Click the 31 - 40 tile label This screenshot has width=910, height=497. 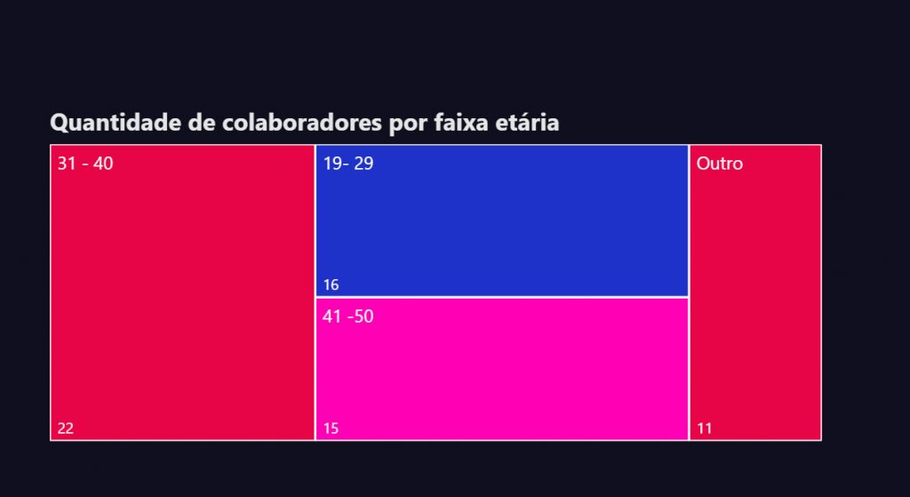[85, 164]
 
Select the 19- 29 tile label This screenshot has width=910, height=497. [348, 164]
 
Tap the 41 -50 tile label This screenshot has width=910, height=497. [348, 317]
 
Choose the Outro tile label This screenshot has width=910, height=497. [720, 164]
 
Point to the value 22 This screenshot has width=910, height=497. [66, 429]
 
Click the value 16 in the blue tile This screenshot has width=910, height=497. [331, 285]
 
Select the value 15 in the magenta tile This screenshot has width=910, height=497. [331, 429]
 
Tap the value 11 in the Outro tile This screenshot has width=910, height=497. [705, 429]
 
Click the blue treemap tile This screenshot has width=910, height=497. [502, 220]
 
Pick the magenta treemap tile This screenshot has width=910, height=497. [502, 369]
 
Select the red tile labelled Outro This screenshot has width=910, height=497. [755, 293]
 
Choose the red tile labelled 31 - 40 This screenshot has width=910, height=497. [182, 293]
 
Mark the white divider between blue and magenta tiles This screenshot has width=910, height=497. [502, 297]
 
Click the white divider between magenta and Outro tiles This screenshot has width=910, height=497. [689, 369]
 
